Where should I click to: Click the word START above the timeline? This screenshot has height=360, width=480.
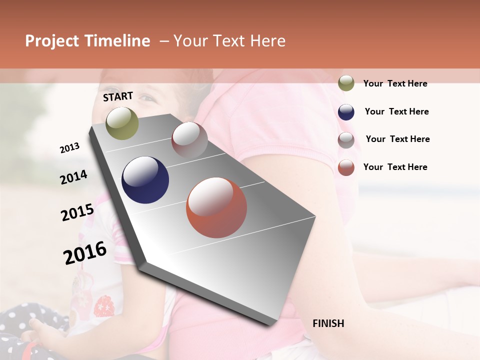pyautogui.click(x=118, y=96)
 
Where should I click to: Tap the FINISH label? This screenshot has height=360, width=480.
pyautogui.click(x=328, y=323)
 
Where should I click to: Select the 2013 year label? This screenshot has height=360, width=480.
pyautogui.click(x=69, y=148)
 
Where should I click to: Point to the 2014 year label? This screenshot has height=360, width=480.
pyautogui.click(x=73, y=177)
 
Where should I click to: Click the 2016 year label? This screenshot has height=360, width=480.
pyautogui.click(x=85, y=252)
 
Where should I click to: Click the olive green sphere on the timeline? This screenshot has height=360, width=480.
pyautogui.click(x=122, y=123)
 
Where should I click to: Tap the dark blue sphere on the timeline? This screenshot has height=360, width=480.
pyautogui.click(x=145, y=180)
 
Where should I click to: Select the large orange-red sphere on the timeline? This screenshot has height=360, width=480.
pyautogui.click(x=216, y=207)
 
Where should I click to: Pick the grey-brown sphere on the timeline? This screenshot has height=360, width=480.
pyautogui.click(x=189, y=140)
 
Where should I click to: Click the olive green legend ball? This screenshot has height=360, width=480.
pyautogui.click(x=346, y=83)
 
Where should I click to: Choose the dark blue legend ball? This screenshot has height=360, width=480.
pyautogui.click(x=346, y=112)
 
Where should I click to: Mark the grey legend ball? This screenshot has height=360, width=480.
pyautogui.click(x=346, y=140)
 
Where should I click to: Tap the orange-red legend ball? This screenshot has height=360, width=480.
pyautogui.click(x=346, y=167)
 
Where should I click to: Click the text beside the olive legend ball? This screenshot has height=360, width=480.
pyautogui.click(x=395, y=83)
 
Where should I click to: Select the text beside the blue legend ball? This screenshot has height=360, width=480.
pyautogui.click(x=396, y=111)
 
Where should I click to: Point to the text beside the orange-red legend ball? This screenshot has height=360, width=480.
pyautogui.click(x=395, y=167)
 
